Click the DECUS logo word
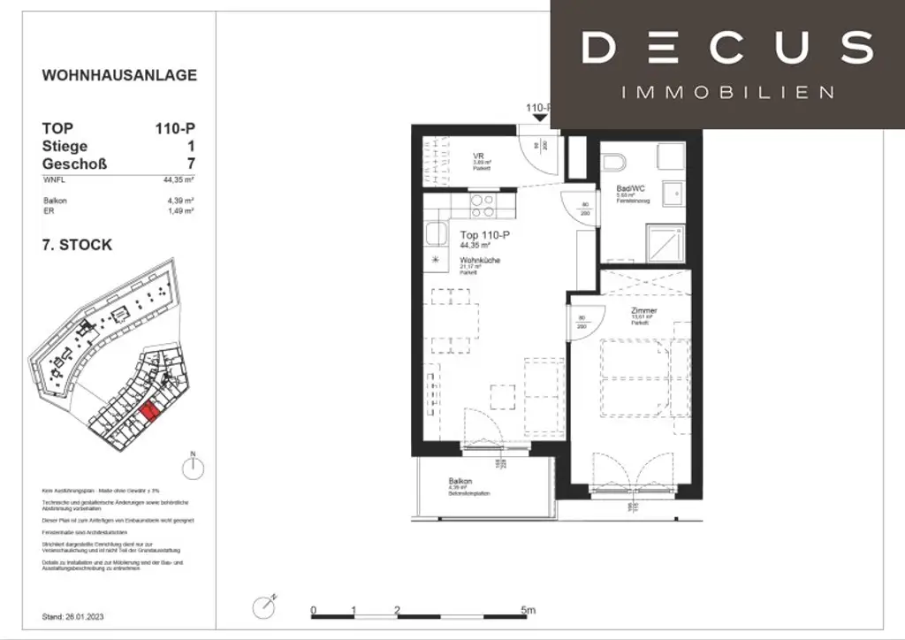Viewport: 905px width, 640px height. pyautogui.click(x=727, y=48)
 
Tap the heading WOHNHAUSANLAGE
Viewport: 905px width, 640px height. pyautogui.click(x=119, y=75)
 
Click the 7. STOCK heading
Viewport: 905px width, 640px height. pyautogui.click(x=78, y=245)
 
